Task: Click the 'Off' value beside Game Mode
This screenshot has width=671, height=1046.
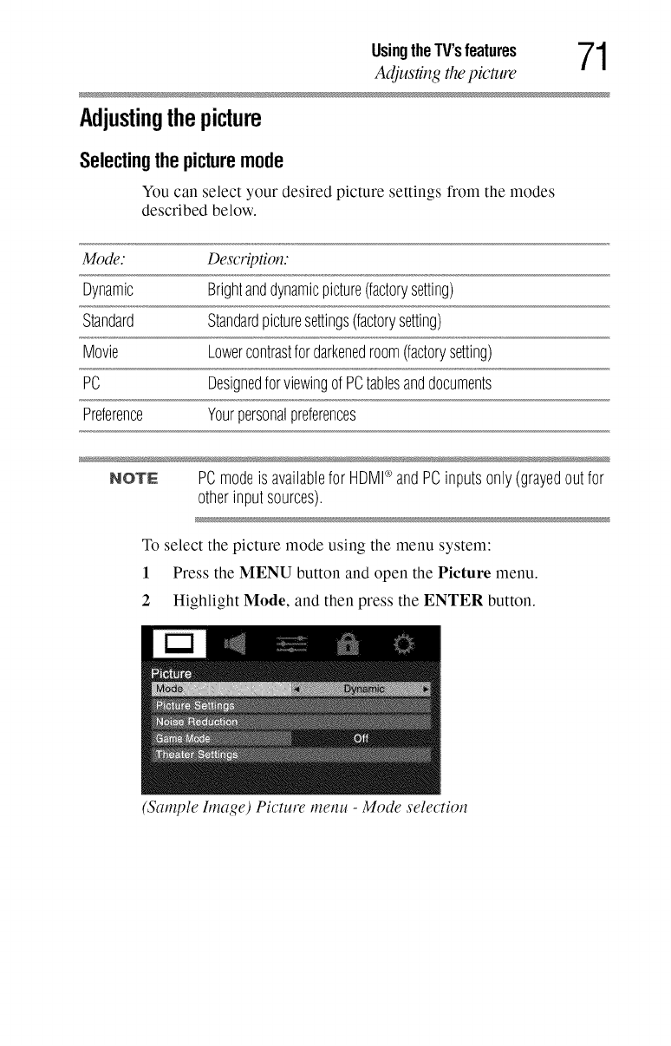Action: [362, 738]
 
